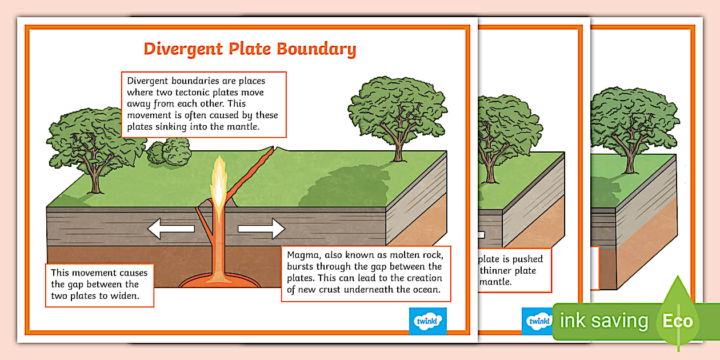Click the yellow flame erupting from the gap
click(219, 183)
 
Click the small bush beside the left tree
click(169, 153)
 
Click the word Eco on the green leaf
click(678, 321)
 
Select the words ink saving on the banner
click(604, 321)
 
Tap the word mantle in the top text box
click(245, 127)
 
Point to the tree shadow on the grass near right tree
click(343, 189)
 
